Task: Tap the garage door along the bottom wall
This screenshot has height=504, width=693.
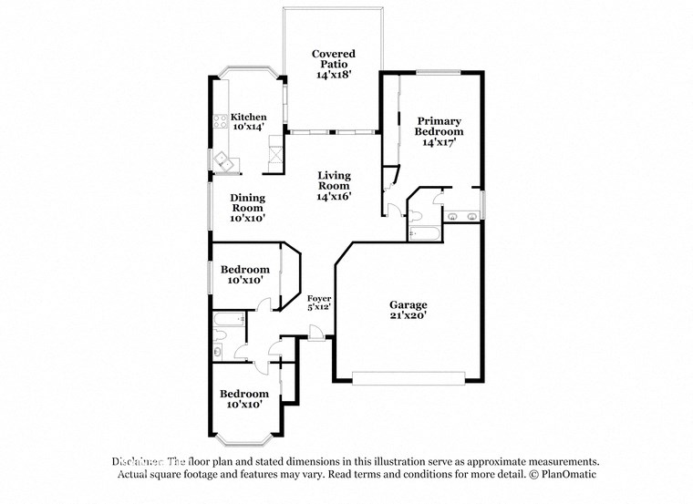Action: pos(409,375)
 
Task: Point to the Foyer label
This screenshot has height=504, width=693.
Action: pos(318,298)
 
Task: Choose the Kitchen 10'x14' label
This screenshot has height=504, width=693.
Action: pos(248,122)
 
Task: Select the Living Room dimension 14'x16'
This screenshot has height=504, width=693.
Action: pos(334,196)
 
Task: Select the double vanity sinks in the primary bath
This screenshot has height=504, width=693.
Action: pos(460,217)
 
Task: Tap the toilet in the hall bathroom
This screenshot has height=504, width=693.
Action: pos(219,350)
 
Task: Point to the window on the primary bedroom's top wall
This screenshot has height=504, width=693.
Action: pos(438,72)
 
